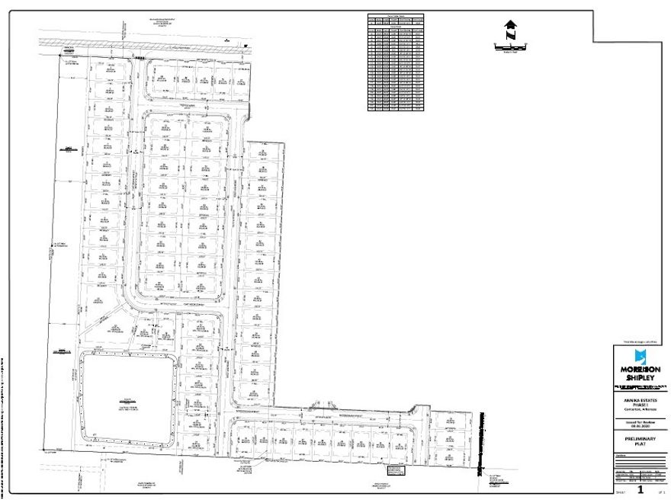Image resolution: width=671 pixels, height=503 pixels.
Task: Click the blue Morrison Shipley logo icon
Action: (x=640, y=357)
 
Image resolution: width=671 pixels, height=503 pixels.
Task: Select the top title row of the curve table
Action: (x=396, y=15)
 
